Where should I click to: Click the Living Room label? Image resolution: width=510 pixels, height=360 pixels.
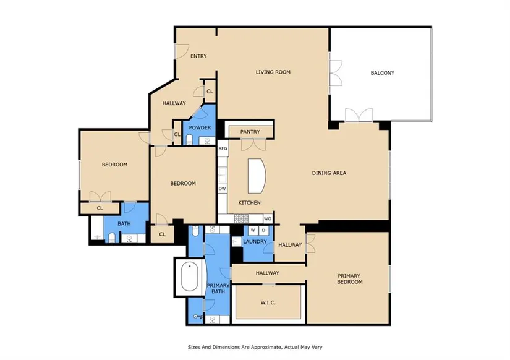(x=273, y=72)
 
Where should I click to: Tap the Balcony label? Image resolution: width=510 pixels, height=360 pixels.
(x=382, y=73)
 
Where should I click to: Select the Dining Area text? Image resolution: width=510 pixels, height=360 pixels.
(x=329, y=173)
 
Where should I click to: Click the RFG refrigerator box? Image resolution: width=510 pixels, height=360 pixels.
(x=223, y=148)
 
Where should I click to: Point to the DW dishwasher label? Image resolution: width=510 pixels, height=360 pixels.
(x=222, y=189)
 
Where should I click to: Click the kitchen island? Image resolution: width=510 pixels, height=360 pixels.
(x=257, y=176)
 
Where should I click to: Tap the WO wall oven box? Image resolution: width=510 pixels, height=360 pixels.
(x=267, y=219)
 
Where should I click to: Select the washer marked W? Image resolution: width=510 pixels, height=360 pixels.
(x=253, y=231)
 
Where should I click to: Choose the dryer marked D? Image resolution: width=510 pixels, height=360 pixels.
(x=263, y=231)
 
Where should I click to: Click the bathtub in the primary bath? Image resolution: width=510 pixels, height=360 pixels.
(x=190, y=277)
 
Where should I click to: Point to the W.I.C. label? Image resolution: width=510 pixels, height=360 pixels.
(x=268, y=302)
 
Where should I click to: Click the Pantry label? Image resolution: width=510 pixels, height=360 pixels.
(x=250, y=132)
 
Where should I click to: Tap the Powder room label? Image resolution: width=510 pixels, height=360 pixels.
(x=200, y=127)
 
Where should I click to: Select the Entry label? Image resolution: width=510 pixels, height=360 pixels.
(x=198, y=56)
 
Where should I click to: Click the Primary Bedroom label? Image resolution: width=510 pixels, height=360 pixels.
(x=350, y=279)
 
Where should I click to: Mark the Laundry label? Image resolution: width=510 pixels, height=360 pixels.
(x=255, y=242)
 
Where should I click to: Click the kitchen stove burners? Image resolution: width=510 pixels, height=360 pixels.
(x=241, y=219)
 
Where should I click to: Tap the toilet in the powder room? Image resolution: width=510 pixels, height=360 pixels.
(x=189, y=140)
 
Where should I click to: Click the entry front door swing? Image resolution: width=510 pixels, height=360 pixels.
(x=182, y=51)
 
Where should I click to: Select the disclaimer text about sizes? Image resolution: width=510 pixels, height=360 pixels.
(x=255, y=347)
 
